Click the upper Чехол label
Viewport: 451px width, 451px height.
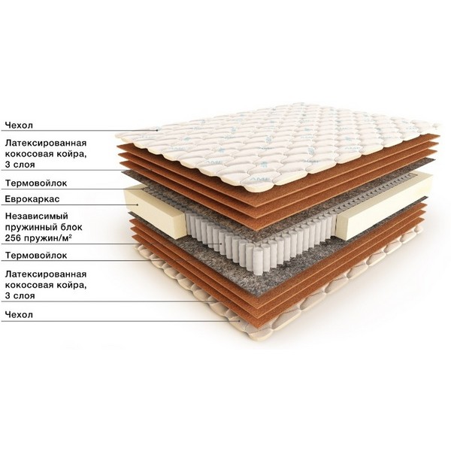click(19, 125)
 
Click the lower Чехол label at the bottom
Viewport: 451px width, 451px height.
click(19, 314)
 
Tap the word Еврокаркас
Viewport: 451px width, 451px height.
click(32, 199)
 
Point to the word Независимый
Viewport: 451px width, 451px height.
click(37, 216)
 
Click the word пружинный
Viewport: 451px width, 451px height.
click(28, 227)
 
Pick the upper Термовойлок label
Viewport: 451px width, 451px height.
click(36, 183)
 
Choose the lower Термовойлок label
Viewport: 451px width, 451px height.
click(36, 255)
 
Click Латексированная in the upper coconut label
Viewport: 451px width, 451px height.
click(46, 143)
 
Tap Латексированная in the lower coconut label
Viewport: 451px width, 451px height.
click(46, 274)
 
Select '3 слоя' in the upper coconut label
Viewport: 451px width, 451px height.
click(20, 165)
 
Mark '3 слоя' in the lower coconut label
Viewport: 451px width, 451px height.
click(20, 295)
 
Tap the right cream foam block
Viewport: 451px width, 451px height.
click(385, 206)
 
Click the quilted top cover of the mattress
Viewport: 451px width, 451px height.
click(276, 144)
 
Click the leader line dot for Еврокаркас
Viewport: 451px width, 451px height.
click(138, 204)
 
